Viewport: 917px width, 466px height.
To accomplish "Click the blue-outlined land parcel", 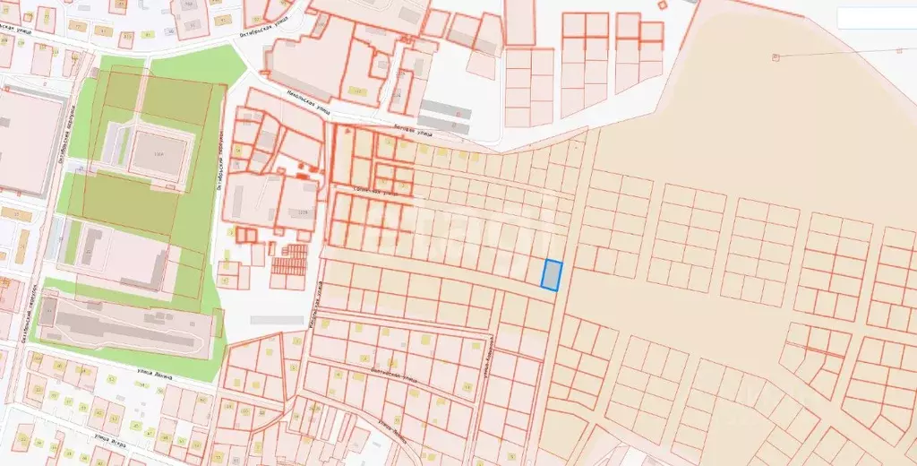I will (x=552, y=274).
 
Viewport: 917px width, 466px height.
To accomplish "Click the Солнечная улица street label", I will (x=376, y=191).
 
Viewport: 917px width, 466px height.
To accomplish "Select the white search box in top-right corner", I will (x=876, y=17).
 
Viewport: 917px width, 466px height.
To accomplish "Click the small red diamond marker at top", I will (x=662, y=4).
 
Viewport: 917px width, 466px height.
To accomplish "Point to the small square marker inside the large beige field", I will (x=776, y=56).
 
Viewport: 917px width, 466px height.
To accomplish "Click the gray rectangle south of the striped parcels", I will (x=277, y=319).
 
